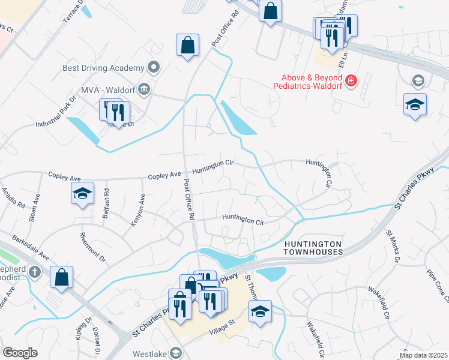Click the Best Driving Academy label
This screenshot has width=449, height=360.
[103, 68]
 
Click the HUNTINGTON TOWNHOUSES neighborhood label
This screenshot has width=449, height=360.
[313, 248]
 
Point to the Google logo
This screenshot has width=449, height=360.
[20, 353]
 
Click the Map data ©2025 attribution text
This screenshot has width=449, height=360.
[423, 355]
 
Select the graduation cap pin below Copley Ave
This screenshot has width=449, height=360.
[83, 194]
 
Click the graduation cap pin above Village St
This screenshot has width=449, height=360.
[260, 313]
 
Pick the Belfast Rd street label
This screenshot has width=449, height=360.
[106, 203]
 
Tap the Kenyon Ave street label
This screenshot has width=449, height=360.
[137, 209]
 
